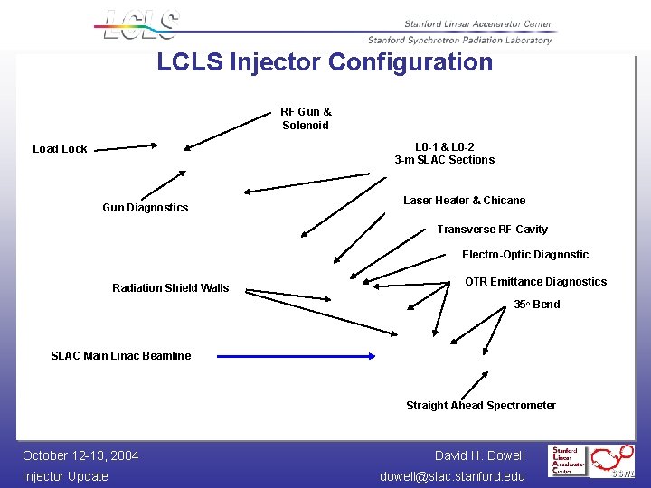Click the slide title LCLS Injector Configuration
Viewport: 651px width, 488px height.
click(325, 62)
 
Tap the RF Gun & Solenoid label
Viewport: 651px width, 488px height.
click(306, 119)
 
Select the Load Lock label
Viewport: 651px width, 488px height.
click(60, 149)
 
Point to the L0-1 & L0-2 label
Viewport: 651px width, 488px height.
click(445, 147)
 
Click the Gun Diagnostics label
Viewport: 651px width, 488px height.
click(146, 208)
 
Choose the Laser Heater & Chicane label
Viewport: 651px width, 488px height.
click(464, 201)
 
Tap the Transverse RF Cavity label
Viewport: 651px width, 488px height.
click(492, 230)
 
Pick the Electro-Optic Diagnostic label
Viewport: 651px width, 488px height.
click(525, 255)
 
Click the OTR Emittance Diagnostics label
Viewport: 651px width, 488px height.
click(535, 282)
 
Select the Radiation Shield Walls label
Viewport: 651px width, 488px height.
click(171, 288)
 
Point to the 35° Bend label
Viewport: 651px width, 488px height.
click(536, 305)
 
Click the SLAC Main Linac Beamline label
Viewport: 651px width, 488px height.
click(121, 356)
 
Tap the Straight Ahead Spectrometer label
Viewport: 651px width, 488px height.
click(481, 406)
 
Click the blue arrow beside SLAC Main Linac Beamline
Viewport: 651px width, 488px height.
click(298, 356)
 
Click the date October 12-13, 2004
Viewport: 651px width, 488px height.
click(80, 455)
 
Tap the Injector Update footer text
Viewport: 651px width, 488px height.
click(65, 476)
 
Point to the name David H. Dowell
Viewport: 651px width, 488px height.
click(479, 455)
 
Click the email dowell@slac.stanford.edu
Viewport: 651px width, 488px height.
click(452, 476)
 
